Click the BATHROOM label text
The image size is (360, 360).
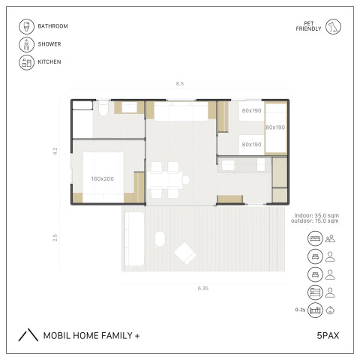52,26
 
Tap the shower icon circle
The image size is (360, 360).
26,44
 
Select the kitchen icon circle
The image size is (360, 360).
26,62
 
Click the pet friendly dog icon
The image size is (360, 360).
333,26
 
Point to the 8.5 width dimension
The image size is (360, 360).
180,83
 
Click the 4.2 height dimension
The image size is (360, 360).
55,151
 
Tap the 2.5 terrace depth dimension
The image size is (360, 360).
55,238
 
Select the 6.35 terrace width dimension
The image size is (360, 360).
203,288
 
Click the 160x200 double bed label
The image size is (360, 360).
103,178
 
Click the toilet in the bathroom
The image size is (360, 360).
103,108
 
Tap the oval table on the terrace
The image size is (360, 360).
160,238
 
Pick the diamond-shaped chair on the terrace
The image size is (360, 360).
185,253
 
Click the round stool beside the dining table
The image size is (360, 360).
186,180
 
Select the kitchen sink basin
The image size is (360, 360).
228,166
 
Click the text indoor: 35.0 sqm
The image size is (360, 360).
316,215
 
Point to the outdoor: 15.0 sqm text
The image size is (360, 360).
315,220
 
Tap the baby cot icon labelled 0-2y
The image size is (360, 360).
315,310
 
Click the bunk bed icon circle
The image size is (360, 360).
315,292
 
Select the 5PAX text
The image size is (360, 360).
328,335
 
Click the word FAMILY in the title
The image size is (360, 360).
116,335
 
